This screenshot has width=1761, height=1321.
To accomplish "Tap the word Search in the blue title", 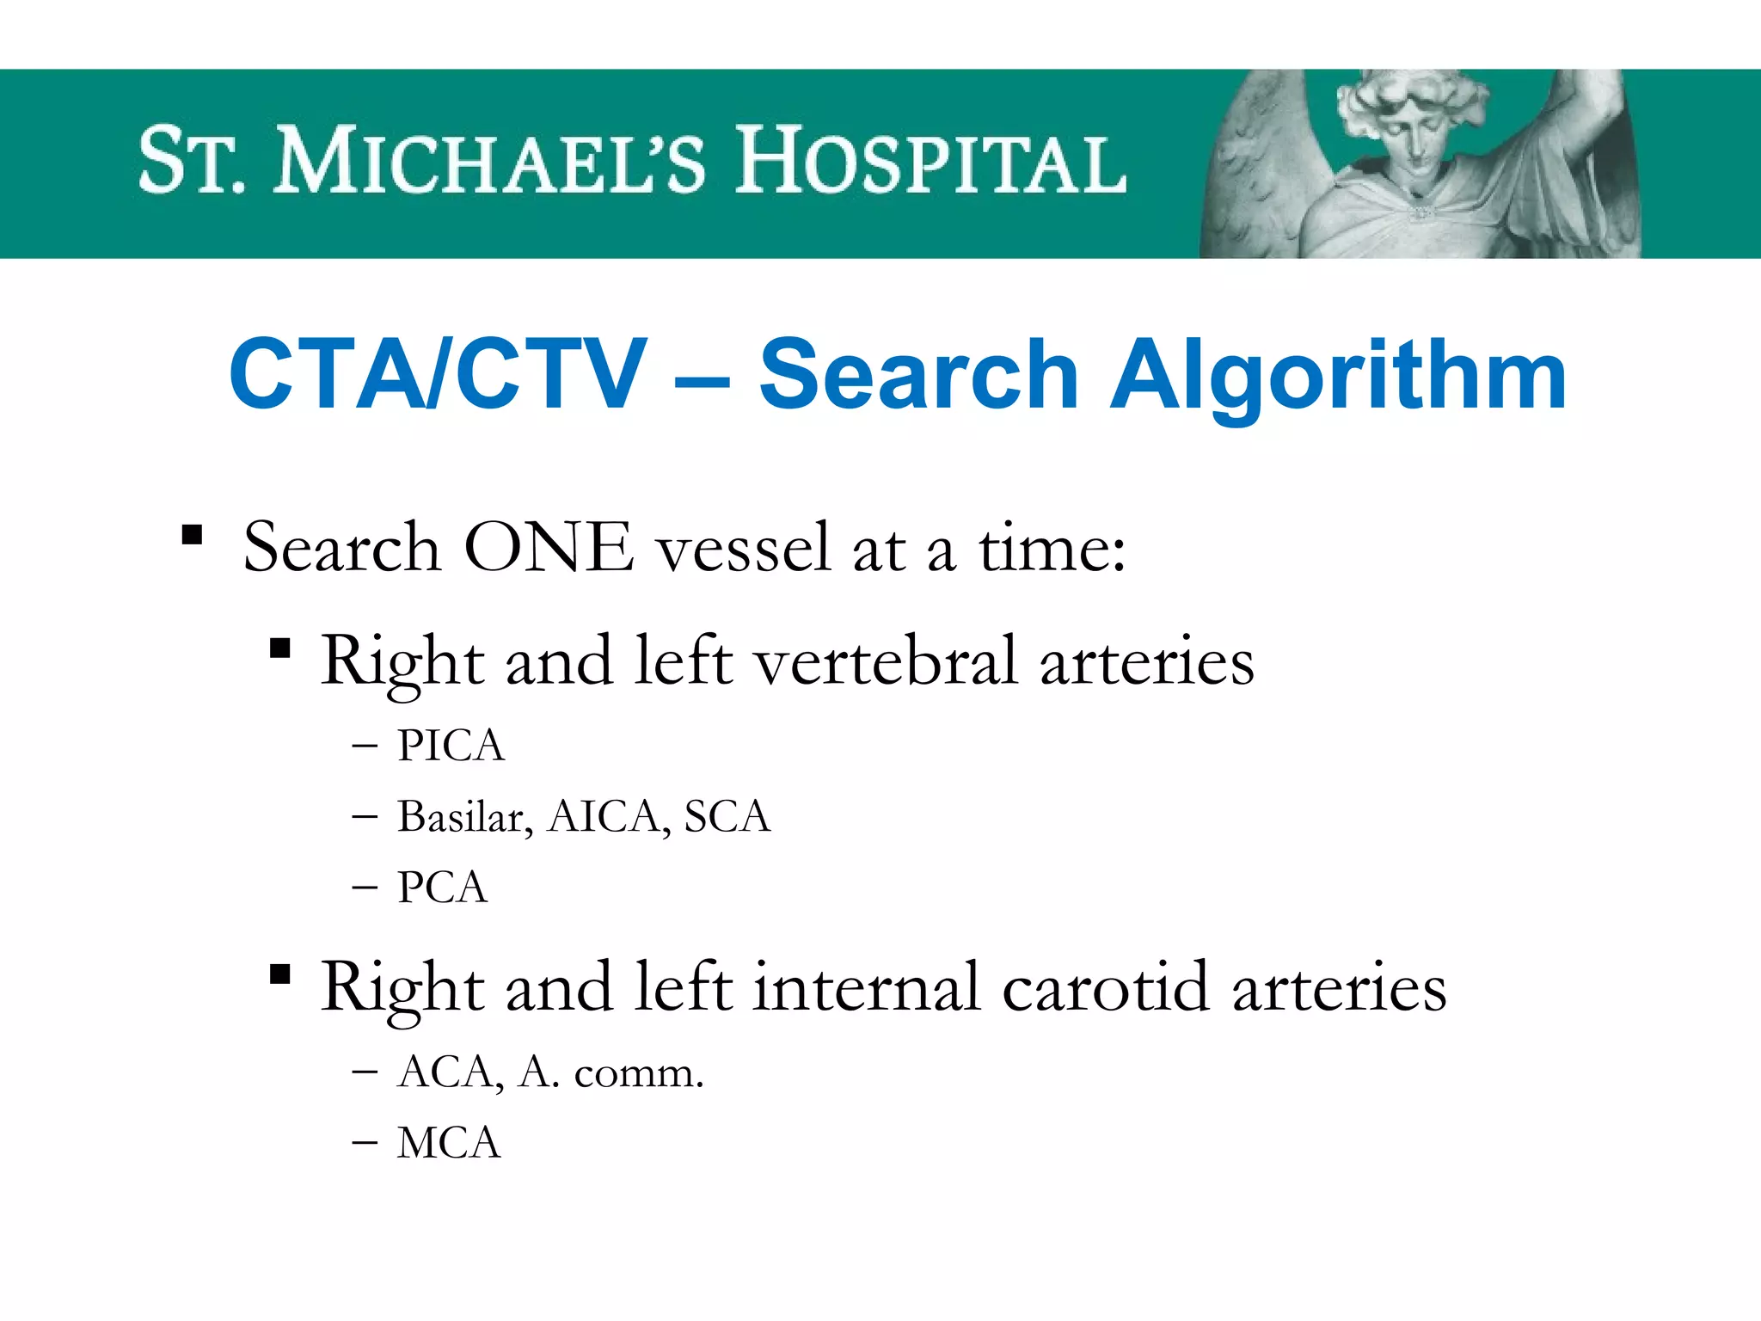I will [918, 375].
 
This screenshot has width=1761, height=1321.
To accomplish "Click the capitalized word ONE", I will [549, 548].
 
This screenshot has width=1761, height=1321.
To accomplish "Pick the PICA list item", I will [451, 746].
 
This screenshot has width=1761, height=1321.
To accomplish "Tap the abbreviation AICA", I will [604, 817].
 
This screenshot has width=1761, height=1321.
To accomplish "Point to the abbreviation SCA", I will [727, 817].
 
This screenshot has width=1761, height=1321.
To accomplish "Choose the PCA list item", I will [442, 888].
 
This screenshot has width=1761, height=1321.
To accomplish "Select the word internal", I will [867, 987].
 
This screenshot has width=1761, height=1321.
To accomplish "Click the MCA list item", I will [448, 1144].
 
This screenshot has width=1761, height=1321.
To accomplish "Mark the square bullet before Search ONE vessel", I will [192, 536].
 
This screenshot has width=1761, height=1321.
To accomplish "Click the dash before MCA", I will [365, 1144].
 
